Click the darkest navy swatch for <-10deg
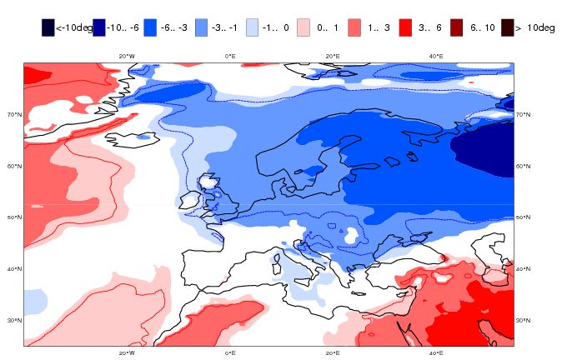click(48, 27)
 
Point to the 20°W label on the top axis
click(127, 56)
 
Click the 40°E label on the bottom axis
click(435, 352)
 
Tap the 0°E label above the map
click(230, 56)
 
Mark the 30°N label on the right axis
click(523, 321)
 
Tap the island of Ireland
click(189, 201)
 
